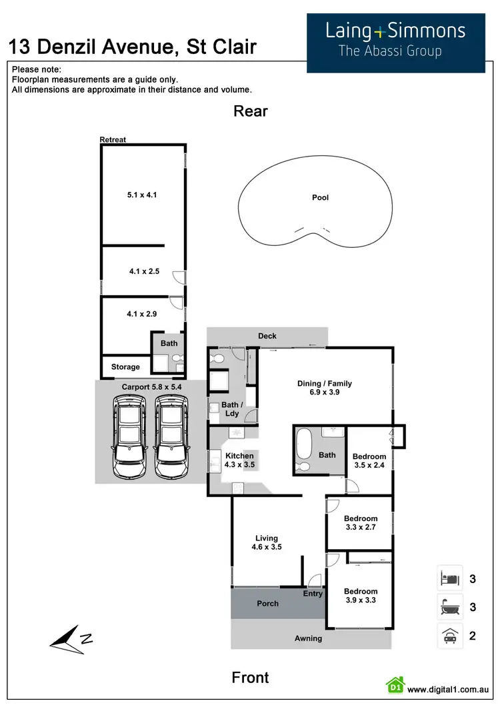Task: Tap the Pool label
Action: [320, 197]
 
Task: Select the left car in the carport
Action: [129, 437]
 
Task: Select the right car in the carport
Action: [171, 437]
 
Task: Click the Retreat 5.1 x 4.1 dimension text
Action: [141, 195]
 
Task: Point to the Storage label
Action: [125, 367]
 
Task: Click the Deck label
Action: [267, 336]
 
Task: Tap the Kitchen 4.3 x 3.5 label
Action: [239, 460]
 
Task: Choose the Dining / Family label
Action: [324, 388]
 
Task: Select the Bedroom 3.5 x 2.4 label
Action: [369, 461]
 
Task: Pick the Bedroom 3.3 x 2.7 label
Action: [361, 523]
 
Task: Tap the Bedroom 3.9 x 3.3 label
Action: [361, 596]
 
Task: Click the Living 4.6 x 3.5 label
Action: [267, 542]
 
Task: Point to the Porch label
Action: [267, 604]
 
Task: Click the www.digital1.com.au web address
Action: [449, 690]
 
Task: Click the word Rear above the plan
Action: [250, 111]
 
